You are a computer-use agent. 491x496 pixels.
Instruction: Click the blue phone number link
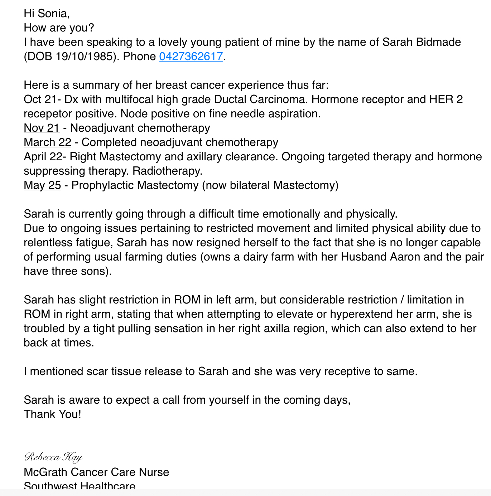[x=191, y=57]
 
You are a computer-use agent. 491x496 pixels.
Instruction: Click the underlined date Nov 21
[x=42, y=128]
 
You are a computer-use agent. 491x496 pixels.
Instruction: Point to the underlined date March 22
[x=48, y=142]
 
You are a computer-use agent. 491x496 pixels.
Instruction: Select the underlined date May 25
[x=42, y=185]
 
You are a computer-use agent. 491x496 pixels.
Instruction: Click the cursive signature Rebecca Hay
[x=53, y=457]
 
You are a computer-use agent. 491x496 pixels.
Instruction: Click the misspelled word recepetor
[x=48, y=114]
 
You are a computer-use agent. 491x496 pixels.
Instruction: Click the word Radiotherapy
[x=167, y=171]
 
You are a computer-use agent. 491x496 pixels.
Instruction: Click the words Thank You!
[x=52, y=414]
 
